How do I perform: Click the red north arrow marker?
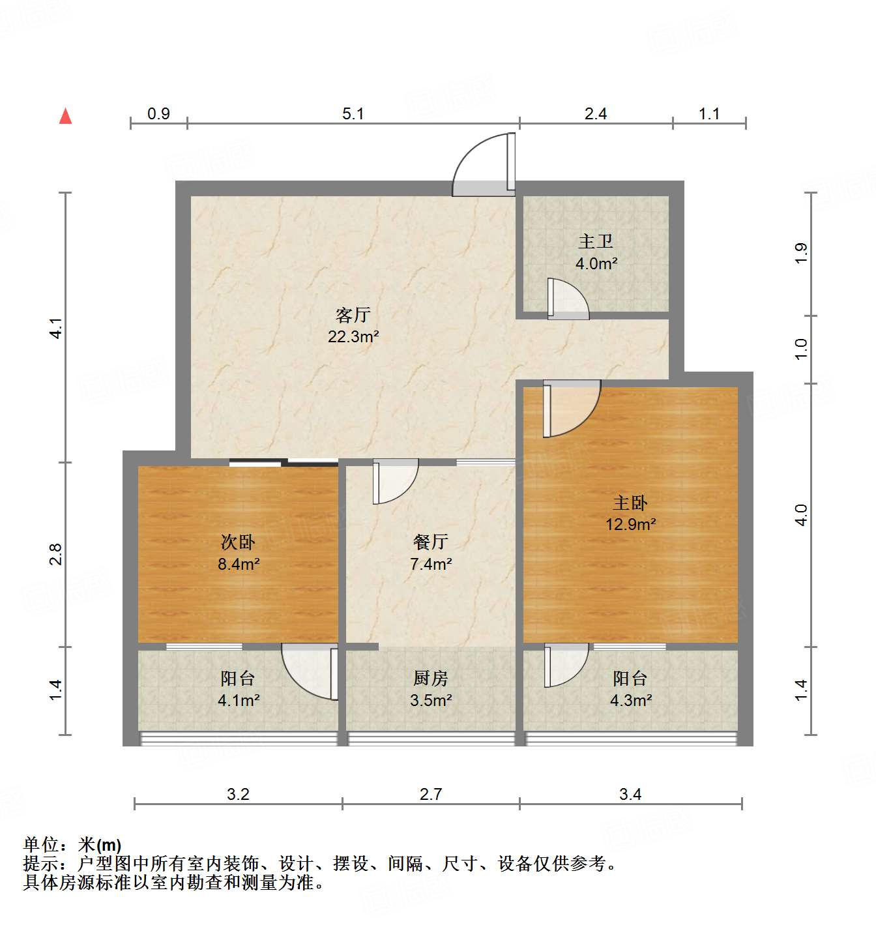point(65,116)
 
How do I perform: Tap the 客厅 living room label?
point(353,316)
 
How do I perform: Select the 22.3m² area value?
point(353,337)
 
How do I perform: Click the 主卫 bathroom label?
point(596,242)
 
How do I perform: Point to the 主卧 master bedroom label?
point(630,503)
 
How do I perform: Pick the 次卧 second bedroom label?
point(238,542)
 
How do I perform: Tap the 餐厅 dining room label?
point(431,542)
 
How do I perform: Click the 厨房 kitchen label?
point(431,679)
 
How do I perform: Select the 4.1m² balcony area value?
point(239,701)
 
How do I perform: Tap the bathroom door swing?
point(568,299)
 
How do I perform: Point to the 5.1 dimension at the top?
point(353,114)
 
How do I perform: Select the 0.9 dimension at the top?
point(158,114)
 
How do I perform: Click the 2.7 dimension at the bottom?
point(431,795)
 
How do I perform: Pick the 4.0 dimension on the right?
point(802,515)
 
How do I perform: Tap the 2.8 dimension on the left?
point(56,554)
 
